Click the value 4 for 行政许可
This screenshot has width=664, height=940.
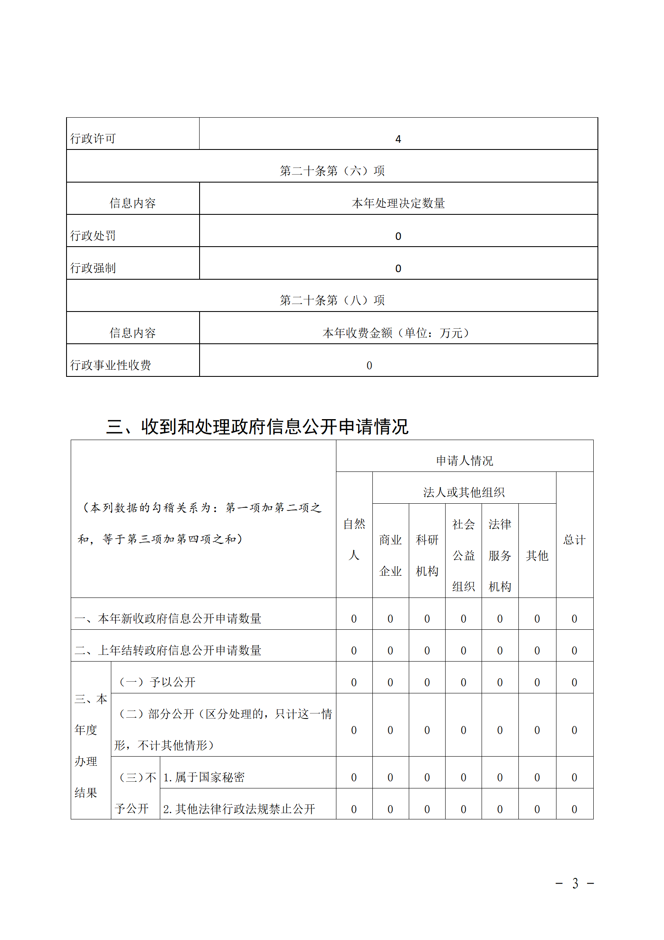398,139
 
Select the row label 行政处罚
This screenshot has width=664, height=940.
93,236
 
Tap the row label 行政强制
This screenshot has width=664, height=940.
93,268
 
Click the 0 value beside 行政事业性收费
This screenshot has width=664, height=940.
369,366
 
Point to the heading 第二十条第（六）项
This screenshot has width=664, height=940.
332,171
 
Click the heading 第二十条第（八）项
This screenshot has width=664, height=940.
332,300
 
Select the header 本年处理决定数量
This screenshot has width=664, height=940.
398,203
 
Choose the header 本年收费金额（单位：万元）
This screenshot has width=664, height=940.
396,333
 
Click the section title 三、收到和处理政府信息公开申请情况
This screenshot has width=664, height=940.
257,427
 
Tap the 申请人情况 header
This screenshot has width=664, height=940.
464,461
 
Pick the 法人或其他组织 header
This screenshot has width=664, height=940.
464,492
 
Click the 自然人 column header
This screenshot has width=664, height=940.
354,539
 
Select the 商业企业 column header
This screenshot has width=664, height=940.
390,555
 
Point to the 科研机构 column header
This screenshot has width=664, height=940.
427,555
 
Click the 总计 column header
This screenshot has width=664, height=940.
574,540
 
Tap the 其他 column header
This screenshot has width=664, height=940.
537,556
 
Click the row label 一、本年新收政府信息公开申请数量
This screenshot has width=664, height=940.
168,618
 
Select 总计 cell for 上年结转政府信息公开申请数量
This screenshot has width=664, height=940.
574,651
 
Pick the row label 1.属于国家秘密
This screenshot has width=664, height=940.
204,777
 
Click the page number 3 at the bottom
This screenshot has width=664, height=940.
575,883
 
